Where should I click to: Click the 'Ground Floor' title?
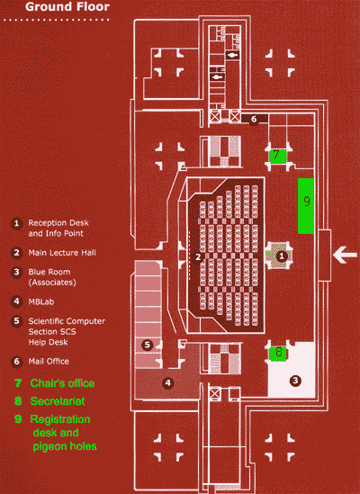[x=68, y=8]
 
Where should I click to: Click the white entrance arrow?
[x=346, y=255]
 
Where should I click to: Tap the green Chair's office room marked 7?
[x=279, y=155]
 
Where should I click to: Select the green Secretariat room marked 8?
[x=279, y=352]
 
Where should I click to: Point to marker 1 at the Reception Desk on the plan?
[x=282, y=256]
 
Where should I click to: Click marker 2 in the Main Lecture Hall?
[x=196, y=256]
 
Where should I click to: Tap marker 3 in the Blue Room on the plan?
[x=293, y=381]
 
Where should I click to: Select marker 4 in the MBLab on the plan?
[x=166, y=382]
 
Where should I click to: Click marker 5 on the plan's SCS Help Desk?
[x=146, y=344]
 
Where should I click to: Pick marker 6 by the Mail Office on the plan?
[x=254, y=118]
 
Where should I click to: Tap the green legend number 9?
[x=17, y=419]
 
